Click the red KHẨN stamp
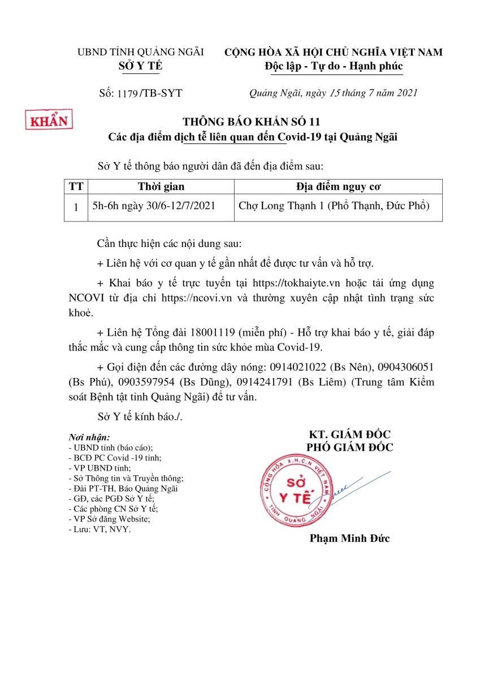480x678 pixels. point(49,120)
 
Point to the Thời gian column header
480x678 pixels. point(161,186)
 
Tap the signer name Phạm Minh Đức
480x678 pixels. point(349,538)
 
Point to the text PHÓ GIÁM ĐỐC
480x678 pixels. point(349,447)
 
